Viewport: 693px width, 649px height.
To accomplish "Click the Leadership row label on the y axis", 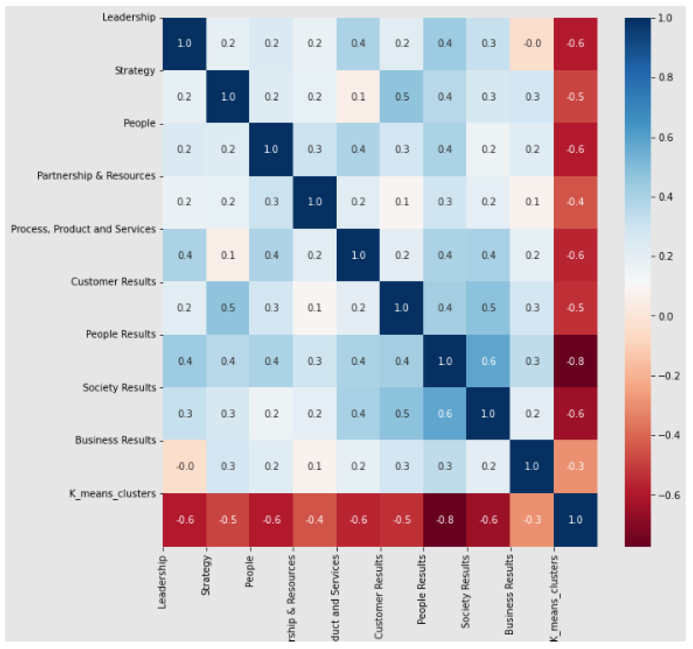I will (129, 17).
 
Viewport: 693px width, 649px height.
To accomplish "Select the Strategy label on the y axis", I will (135, 71).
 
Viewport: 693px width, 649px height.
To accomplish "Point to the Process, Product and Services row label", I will (83, 229).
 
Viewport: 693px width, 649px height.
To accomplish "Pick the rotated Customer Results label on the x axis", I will (379, 596).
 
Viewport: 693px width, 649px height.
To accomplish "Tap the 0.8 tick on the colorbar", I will (665, 77).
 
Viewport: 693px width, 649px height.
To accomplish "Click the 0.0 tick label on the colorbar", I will (665, 316).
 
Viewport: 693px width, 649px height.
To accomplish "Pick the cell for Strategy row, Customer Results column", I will (402, 97).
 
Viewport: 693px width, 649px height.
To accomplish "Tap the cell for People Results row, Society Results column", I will (488, 361).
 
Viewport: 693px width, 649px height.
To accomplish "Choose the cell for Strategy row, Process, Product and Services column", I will (358, 97).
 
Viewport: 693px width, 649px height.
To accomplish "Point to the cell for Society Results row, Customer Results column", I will (402, 414).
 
